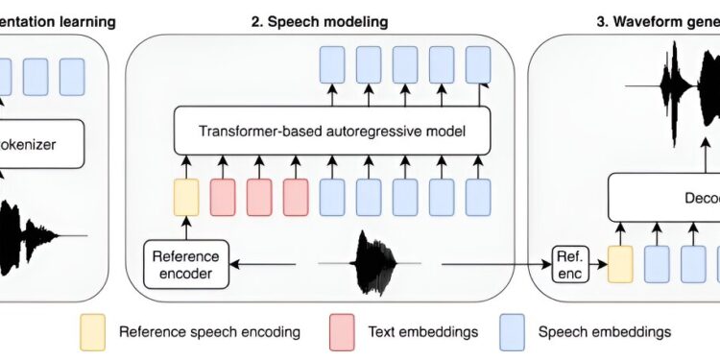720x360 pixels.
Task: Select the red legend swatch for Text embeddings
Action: pos(342,332)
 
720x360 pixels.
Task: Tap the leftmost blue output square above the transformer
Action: pos(331,65)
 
